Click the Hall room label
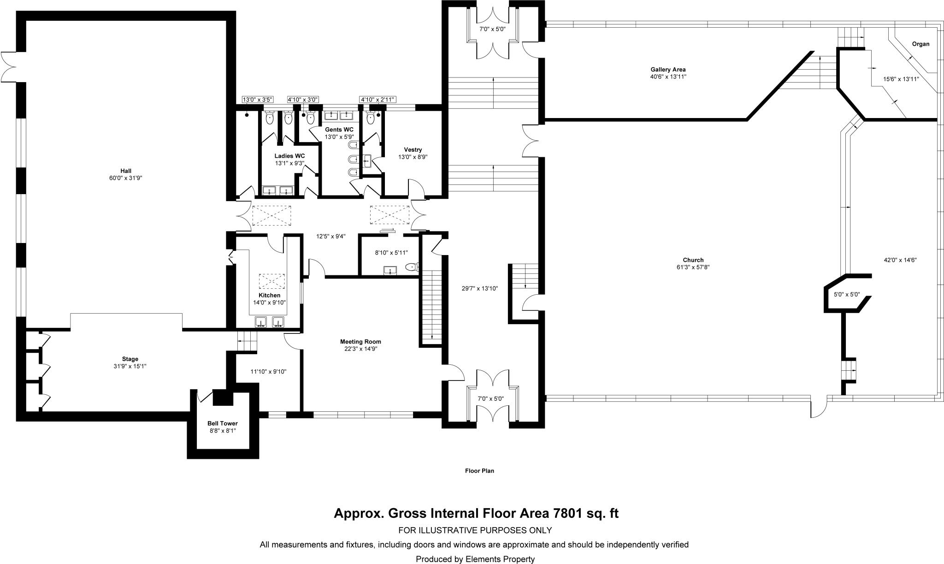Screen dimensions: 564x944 coord(126,171)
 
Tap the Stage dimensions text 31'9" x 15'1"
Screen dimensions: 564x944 coord(130,366)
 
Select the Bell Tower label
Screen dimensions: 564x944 coord(222,423)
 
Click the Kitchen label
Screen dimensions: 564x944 coord(269,296)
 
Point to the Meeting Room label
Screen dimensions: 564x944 coord(360,342)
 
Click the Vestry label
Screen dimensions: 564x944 coord(413,150)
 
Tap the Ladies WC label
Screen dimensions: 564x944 coord(289,156)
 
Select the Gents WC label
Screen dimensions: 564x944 coord(339,130)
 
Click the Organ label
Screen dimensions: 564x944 coord(920,44)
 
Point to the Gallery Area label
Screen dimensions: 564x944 coord(668,70)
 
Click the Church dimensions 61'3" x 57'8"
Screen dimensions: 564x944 coord(693,267)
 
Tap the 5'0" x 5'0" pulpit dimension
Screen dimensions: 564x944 coord(847,294)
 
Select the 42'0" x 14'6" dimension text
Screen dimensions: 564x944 coord(900,260)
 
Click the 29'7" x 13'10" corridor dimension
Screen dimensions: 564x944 coord(480,289)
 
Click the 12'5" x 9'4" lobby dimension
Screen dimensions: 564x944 coord(330,237)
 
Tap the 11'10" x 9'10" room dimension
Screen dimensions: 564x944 coord(268,372)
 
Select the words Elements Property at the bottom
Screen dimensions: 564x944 coord(499,559)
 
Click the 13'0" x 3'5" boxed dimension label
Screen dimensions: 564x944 coord(258,100)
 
